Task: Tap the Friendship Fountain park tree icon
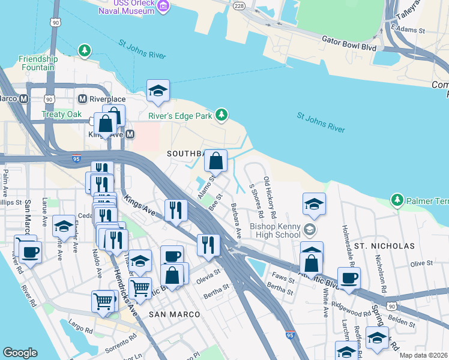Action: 86,49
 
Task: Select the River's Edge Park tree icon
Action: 222,114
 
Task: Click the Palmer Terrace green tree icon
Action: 396,199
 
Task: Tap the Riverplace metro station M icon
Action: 83,98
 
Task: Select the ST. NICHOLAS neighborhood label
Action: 384,246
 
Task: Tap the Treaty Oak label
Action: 61,114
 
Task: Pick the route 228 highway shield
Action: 238,5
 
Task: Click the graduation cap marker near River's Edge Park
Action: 158,91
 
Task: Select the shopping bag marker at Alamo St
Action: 215,161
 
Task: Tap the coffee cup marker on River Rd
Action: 30,251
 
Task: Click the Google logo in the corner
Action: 20,353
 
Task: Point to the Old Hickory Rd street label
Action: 270,197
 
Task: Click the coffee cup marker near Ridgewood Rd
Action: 349,278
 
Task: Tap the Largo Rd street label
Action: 80,329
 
